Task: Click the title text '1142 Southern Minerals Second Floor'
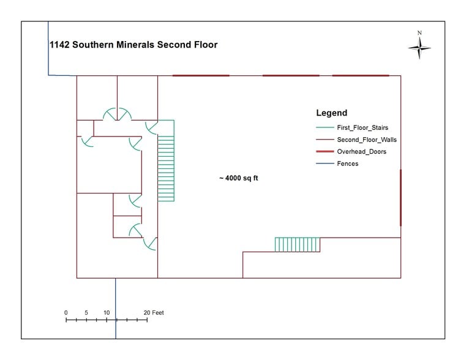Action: pyautogui.click(x=133, y=45)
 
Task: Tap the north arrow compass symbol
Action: pyautogui.click(x=419, y=47)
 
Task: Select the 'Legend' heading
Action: pyautogui.click(x=331, y=113)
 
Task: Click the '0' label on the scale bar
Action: pyautogui.click(x=66, y=313)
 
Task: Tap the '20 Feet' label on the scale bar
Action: pyautogui.click(x=154, y=313)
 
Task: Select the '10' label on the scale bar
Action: pyautogui.click(x=107, y=313)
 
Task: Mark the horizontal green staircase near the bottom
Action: pyautogui.click(x=297, y=244)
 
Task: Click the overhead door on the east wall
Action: pyautogui.click(x=400, y=198)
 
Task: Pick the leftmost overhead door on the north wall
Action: pyautogui.click(x=201, y=75)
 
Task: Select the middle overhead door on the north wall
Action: pyautogui.click(x=291, y=75)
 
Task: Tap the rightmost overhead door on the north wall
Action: pyautogui.click(x=361, y=75)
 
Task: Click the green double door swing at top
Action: pyautogui.click(x=117, y=113)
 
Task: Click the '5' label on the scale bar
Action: pyautogui.click(x=86, y=313)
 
